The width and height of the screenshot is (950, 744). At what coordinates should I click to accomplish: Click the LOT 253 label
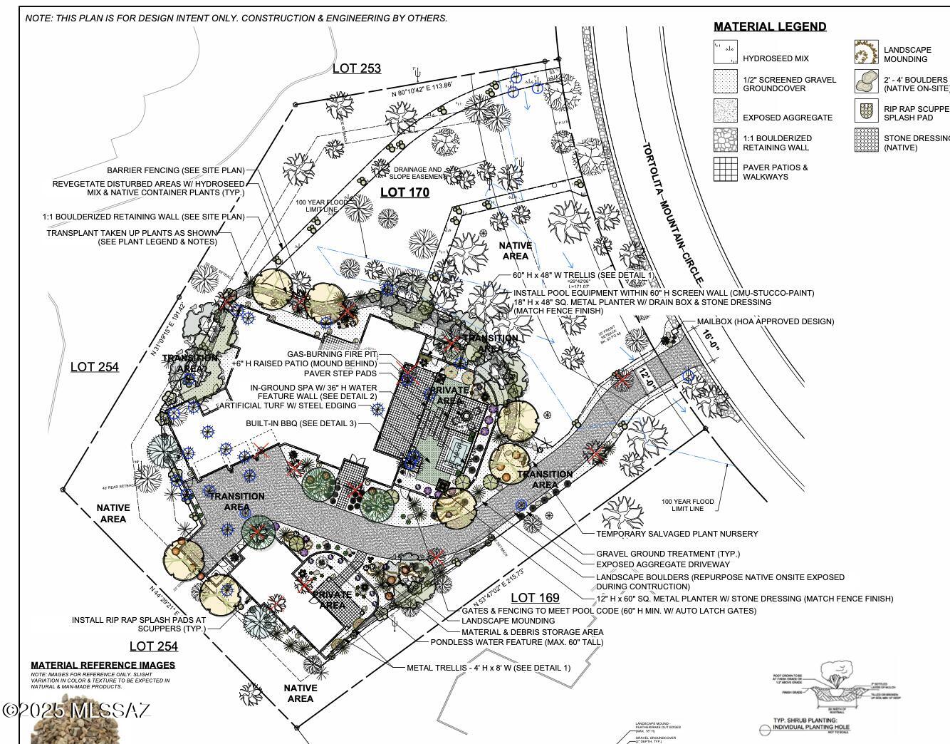(x=356, y=68)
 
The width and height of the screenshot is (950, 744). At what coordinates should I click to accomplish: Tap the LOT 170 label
(x=404, y=192)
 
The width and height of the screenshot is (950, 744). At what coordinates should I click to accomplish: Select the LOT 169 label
(x=535, y=598)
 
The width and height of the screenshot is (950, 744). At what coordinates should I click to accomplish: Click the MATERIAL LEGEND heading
(x=770, y=27)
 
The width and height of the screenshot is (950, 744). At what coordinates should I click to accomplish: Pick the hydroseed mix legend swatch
(x=726, y=53)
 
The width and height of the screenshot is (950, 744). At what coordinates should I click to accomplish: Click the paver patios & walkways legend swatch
(x=726, y=169)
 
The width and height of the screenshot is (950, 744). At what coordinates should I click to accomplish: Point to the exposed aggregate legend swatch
(x=726, y=111)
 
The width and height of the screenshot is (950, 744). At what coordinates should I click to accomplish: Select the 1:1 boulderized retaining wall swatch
(x=726, y=140)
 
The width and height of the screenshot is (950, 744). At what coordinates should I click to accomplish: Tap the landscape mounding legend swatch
(x=866, y=53)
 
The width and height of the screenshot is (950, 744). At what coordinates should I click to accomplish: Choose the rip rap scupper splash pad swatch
(x=866, y=110)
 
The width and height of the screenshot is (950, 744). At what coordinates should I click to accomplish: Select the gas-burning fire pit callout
(x=332, y=354)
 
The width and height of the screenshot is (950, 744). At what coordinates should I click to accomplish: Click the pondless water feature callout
(x=516, y=642)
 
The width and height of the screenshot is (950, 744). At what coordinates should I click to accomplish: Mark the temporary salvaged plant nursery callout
(x=677, y=534)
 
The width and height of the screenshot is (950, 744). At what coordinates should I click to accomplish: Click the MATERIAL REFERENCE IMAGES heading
(x=103, y=665)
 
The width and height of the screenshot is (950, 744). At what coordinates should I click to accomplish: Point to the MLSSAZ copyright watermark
(x=76, y=711)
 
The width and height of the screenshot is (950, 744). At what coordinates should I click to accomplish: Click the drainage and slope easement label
(x=417, y=173)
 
